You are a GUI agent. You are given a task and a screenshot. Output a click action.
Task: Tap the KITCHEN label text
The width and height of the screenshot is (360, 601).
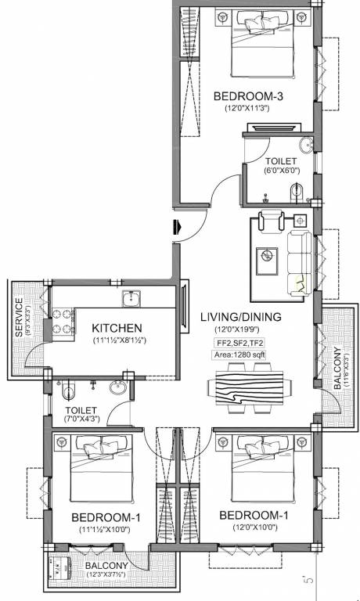(117, 327)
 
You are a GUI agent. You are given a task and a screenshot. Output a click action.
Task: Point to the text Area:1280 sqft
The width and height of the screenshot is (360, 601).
(245, 355)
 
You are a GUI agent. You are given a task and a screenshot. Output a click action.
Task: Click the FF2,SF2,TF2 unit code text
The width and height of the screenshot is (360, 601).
(245, 343)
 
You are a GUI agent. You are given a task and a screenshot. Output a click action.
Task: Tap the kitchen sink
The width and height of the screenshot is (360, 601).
(131, 297)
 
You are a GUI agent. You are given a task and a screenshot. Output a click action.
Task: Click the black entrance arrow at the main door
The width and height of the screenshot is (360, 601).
(179, 227)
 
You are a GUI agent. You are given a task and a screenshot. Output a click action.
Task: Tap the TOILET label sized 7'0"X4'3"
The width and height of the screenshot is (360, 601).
(81, 410)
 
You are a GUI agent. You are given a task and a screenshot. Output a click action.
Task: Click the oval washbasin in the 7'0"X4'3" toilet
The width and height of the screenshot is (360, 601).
(118, 389)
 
